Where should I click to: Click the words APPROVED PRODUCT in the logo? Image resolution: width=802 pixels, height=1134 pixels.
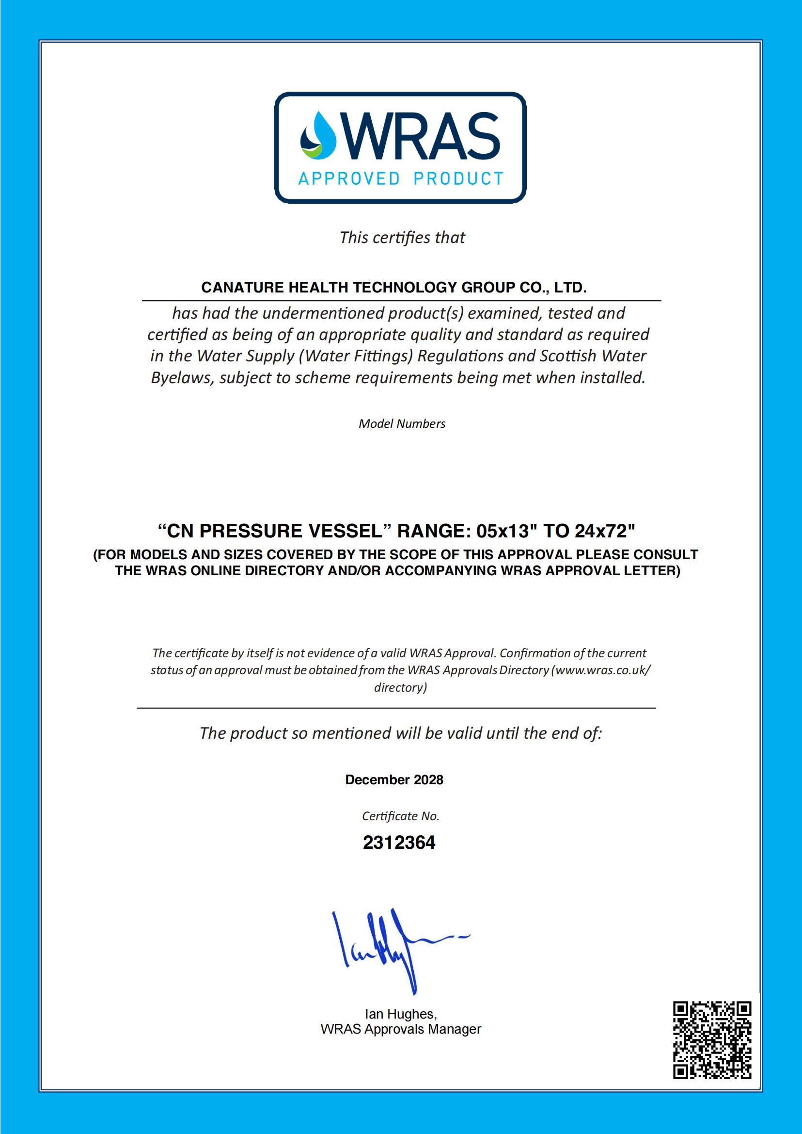click(400, 178)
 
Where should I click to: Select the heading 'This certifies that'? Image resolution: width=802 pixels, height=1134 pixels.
click(402, 238)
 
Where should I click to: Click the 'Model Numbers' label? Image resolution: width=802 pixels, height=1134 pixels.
click(402, 423)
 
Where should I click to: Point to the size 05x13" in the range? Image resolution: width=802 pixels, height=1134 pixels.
click(506, 531)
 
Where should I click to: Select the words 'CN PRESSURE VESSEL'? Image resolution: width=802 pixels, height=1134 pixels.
click(270, 531)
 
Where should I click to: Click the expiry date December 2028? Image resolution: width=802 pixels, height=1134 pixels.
click(394, 779)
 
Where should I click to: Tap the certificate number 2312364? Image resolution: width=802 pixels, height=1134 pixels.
click(399, 842)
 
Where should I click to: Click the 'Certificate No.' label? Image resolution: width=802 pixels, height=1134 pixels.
click(400, 816)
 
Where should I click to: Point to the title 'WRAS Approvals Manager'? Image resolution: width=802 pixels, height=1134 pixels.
click(400, 1029)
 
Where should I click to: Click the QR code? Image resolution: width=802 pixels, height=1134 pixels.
click(712, 1040)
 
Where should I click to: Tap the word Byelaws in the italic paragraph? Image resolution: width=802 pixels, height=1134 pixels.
click(182, 378)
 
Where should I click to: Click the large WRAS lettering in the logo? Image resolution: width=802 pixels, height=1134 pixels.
click(424, 136)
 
